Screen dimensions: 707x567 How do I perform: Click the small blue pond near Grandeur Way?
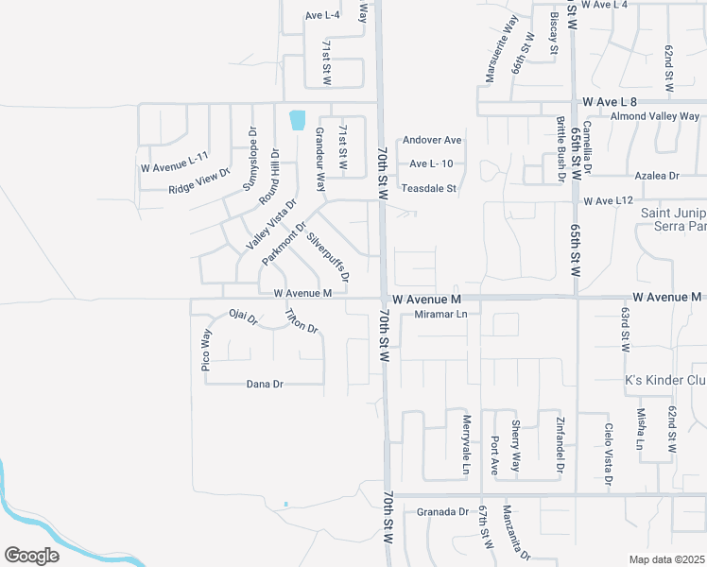pos(298,119)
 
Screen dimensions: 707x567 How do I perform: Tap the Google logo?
pos(31,556)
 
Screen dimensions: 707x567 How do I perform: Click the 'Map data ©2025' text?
pos(666,559)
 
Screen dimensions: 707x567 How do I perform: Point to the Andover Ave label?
pos(432,140)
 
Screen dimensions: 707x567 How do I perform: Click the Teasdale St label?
pos(429,188)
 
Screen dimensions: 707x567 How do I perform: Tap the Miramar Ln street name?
pos(435,314)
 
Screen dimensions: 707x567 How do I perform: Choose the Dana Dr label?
pos(265,385)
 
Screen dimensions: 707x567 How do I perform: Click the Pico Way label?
pos(206,350)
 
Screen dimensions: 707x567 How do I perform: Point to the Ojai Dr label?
pos(244,317)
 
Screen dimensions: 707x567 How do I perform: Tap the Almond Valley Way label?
pos(654,116)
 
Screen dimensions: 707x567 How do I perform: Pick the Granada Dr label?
pos(442,512)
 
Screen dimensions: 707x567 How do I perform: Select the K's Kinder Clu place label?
pos(665,381)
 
